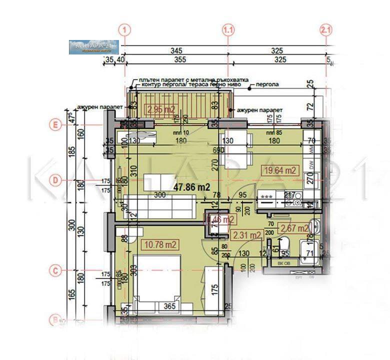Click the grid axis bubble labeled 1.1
(x=228, y=30)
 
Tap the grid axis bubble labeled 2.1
(x=325, y=30)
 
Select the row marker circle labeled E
(x=56, y=125)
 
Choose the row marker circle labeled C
(x=56, y=270)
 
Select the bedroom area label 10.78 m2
(x=160, y=244)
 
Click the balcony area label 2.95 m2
(x=160, y=108)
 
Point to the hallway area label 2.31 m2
(x=247, y=234)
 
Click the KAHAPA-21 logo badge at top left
(x=93, y=47)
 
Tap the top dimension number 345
(x=175, y=50)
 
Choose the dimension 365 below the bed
(x=170, y=307)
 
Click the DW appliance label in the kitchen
(x=310, y=165)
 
